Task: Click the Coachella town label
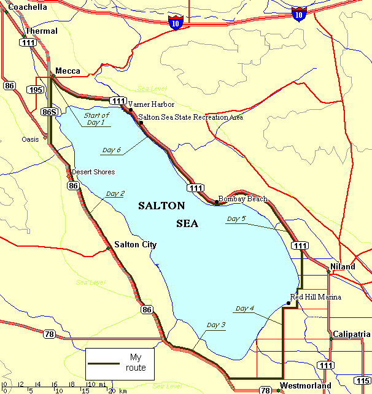(x=27, y=7)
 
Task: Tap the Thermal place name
(x=41, y=31)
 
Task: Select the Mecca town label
(x=68, y=71)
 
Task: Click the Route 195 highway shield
(x=36, y=90)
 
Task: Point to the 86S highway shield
(x=50, y=112)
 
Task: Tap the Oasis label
(x=30, y=139)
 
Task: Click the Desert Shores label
(x=93, y=172)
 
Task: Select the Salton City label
(x=135, y=245)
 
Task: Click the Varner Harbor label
(x=151, y=104)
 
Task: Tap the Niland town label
(x=343, y=267)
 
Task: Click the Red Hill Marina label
(x=316, y=297)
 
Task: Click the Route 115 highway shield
(x=362, y=380)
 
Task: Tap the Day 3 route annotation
(x=216, y=325)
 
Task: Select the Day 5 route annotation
(x=236, y=218)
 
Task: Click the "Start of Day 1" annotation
(x=96, y=118)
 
